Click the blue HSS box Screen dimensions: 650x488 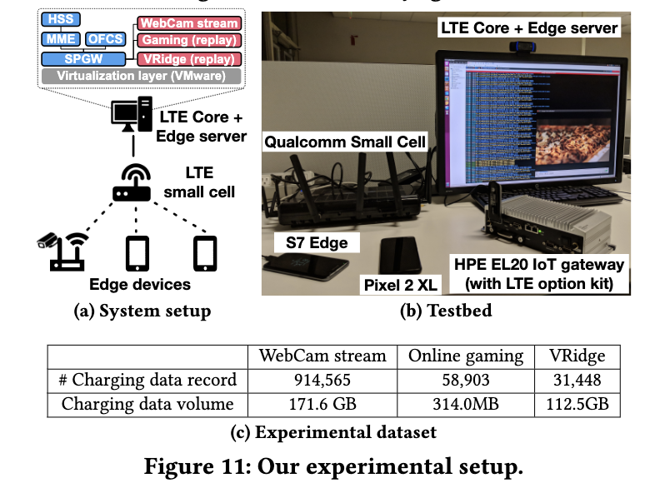(x=61, y=19)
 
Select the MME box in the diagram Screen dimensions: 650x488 (x=61, y=39)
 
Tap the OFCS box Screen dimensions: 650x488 (x=105, y=39)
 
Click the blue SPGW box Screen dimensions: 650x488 (x=83, y=59)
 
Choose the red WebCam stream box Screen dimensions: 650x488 (x=189, y=23)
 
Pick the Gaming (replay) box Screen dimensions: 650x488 (x=189, y=41)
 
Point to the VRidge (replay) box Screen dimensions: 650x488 (x=189, y=59)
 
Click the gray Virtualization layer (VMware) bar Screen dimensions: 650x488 (x=142, y=77)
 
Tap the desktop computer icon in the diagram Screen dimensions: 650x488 (x=132, y=114)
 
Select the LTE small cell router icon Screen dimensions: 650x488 (x=132, y=183)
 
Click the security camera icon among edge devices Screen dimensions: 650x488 (x=47, y=241)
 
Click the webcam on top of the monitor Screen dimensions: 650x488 (x=522, y=47)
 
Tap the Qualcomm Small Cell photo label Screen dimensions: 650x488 (x=345, y=142)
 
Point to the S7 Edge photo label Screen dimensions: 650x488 (x=317, y=243)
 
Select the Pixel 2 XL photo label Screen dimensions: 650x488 (x=401, y=285)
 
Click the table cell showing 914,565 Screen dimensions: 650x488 (x=322, y=381)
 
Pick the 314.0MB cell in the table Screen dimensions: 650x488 (x=466, y=405)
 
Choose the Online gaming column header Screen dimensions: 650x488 (x=466, y=356)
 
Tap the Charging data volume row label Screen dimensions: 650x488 (x=147, y=405)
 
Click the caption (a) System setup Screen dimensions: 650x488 (x=142, y=311)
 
